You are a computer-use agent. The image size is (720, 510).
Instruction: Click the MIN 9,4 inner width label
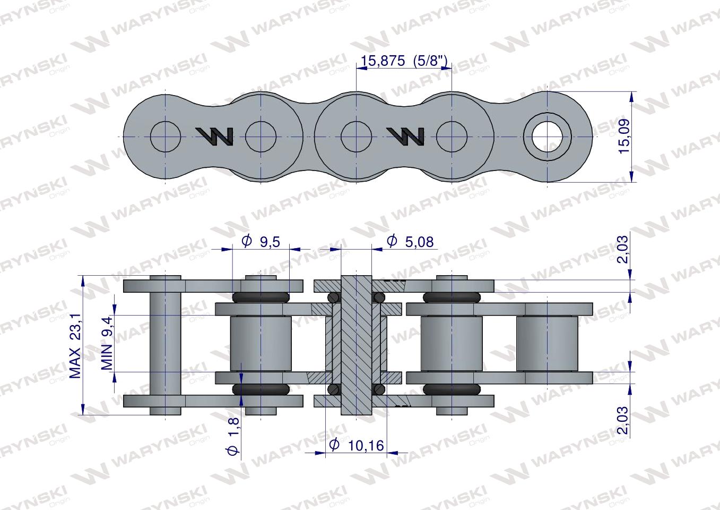(x=107, y=343)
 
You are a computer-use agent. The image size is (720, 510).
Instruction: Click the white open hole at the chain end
(x=547, y=137)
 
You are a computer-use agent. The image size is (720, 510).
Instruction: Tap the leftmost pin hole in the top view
(x=166, y=137)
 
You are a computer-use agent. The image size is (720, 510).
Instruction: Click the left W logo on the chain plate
(x=214, y=137)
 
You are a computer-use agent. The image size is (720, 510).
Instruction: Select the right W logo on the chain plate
(x=405, y=137)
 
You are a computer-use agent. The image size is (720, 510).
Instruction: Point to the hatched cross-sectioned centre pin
(x=356, y=345)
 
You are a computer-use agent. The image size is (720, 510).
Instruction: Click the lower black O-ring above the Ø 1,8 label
(x=261, y=390)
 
